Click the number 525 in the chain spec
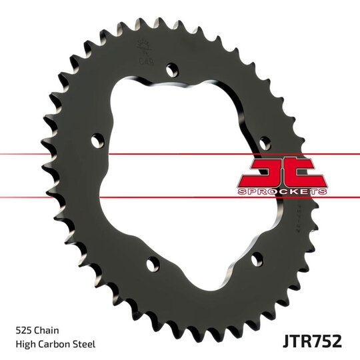pyautogui.click(x=23, y=329)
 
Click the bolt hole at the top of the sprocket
pyautogui.click(x=173, y=68)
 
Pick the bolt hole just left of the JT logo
pyautogui.click(x=264, y=142)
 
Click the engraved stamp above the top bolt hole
pyautogui.click(x=143, y=53)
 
